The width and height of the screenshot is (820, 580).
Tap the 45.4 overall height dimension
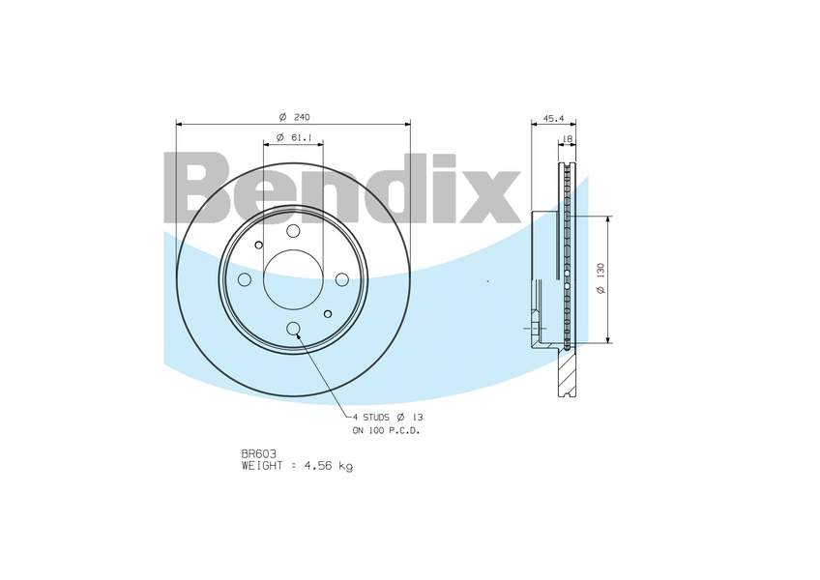click(553, 117)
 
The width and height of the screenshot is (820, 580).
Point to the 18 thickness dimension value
click(568, 139)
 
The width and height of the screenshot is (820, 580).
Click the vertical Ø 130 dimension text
click(600, 279)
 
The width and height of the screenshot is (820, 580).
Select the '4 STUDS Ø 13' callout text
click(387, 417)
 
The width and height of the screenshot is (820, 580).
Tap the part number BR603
click(258, 453)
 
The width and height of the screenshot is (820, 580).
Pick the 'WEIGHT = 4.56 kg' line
click(297, 465)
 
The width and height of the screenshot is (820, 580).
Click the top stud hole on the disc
click(293, 230)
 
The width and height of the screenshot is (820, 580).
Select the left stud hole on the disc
click(245, 279)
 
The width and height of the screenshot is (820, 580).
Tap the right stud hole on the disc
click(341, 279)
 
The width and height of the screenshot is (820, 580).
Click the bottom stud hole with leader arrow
click(293, 329)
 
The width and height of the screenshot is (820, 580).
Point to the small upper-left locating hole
click(258, 245)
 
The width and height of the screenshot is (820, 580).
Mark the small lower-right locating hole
click(328, 314)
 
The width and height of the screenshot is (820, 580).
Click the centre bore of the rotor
click(293, 279)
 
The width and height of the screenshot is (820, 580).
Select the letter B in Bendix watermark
click(203, 188)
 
